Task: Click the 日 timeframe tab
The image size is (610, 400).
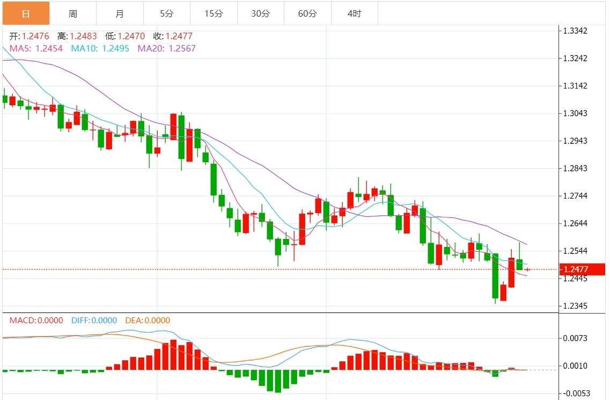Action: tap(26, 13)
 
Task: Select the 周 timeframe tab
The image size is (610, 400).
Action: tap(73, 13)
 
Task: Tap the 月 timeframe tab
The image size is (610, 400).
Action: tap(120, 13)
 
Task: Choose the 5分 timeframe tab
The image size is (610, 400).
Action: tap(166, 13)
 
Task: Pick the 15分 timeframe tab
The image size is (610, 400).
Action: tap(214, 13)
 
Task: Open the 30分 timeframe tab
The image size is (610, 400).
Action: tap(260, 13)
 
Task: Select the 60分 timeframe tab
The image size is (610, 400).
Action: tap(307, 13)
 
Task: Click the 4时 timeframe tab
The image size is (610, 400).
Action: tap(354, 13)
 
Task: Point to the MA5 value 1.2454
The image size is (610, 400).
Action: tap(49, 48)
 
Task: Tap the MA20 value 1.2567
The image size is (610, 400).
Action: tap(182, 48)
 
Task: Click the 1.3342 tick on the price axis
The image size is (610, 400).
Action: tap(577, 31)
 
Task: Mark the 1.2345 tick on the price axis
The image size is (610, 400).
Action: tap(577, 306)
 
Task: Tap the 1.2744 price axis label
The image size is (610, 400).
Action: tap(577, 196)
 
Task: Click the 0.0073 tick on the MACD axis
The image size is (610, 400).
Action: tap(577, 338)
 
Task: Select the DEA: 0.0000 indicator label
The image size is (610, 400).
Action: tap(148, 321)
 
